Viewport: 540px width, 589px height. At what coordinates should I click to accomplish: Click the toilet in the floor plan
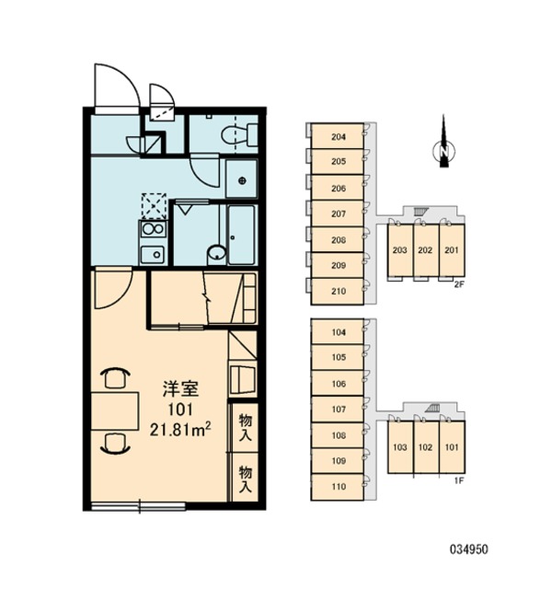[239, 134]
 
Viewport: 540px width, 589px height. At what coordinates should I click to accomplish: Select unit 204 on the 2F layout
[338, 136]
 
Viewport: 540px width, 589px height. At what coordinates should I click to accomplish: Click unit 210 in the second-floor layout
[338, 291]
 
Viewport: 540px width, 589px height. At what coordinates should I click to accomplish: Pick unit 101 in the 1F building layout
[452, 446]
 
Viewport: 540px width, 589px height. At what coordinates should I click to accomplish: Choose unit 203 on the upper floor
[400, 250]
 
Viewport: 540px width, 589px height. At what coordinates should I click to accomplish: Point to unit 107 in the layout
[338, 409]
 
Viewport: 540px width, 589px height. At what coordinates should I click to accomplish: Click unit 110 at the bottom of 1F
[338, 487]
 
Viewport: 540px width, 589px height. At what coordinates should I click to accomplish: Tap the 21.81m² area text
[180, 429]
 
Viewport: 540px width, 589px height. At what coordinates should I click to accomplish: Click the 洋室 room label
[180, 389]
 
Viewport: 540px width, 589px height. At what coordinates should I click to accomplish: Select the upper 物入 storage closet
[246, 428]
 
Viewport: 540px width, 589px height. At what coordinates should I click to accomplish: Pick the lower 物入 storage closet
[246, 478]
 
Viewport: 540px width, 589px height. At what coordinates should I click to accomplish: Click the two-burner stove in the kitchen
[153, 229]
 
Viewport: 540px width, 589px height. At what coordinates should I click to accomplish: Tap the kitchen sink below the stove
[153, 255]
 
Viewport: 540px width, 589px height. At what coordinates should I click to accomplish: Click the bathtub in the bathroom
[242, 235]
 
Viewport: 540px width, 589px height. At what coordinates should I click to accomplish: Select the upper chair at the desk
[115, 378]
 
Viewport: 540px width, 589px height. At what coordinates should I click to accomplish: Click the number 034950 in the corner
[469, 550]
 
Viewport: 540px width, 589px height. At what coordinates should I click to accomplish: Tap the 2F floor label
[459, 284]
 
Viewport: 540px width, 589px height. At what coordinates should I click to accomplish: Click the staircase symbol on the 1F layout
[432, 408]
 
